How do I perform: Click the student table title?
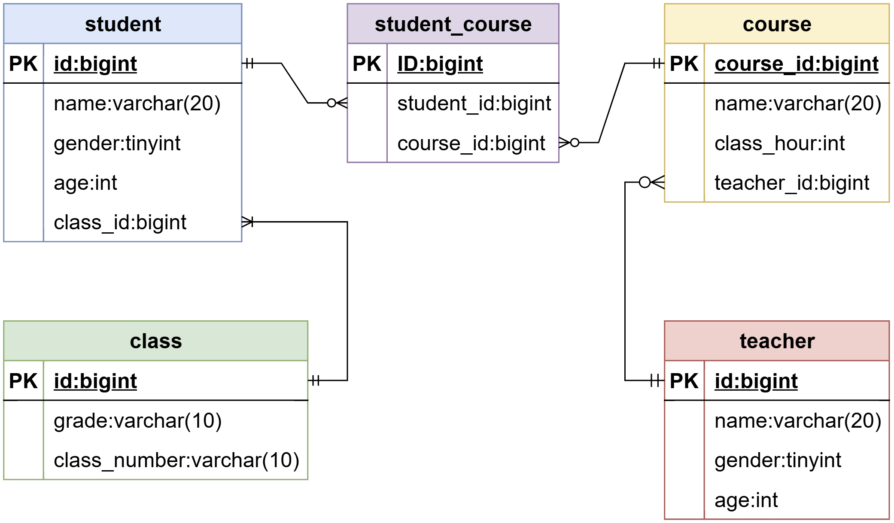point(123,24)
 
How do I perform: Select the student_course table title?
point(453,24)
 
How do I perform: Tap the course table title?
point(777,24)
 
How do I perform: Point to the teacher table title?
point(777,341)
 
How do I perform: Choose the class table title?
point(156,341)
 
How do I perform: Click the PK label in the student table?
point(23,64)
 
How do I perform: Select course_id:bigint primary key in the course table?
point(797,64)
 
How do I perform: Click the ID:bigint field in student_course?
point(440,64)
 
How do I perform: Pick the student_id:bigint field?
point(474,103)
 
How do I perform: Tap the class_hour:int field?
point(779,143)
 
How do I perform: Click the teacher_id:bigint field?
point(792,183)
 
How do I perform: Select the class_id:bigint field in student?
point(120,222)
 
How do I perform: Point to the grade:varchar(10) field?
point(137,421)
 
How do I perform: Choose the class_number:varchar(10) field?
point(176,460)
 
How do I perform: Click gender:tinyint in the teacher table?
point(778,460)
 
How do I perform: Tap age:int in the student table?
point(85,183)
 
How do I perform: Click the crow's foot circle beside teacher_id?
point(645,182)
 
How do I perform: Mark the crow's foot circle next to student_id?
point(331,103)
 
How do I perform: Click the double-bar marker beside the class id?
point(316,380)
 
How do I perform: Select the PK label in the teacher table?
point(684,381)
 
